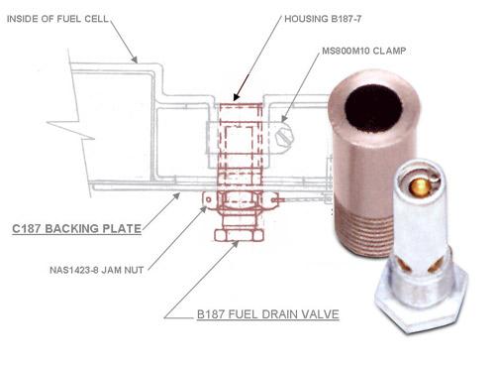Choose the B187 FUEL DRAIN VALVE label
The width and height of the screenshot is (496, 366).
(267, 314)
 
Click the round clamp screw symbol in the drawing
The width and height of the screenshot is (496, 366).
(284, 130)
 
